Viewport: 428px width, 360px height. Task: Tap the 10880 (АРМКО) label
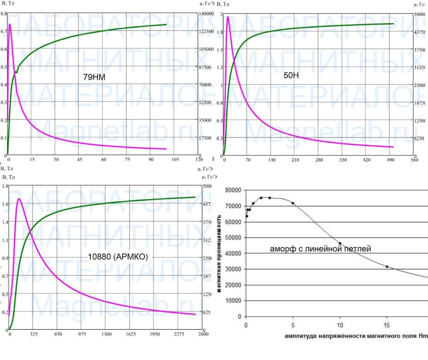[x=118, y=257]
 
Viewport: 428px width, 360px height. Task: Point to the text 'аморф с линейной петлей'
[x=321, y=249]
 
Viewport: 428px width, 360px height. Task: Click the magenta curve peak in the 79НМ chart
[x=10, y=24]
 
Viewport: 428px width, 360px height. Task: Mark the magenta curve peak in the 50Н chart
[x=228, y=17]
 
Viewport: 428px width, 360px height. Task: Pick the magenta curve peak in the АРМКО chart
[x=19, y=199]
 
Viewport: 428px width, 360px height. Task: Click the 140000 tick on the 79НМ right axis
[x=206, y=13]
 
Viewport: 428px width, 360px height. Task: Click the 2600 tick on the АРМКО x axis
[x=203, y=334]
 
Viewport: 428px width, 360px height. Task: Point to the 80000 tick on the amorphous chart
[x=233, y=190]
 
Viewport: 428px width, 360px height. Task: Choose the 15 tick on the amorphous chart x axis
[x=387, y=324]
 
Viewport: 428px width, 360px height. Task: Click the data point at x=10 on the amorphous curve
[x=340, y=243]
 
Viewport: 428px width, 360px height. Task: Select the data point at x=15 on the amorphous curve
[x=387, y=266]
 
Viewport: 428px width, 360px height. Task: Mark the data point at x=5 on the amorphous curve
[x=293, y=203]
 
